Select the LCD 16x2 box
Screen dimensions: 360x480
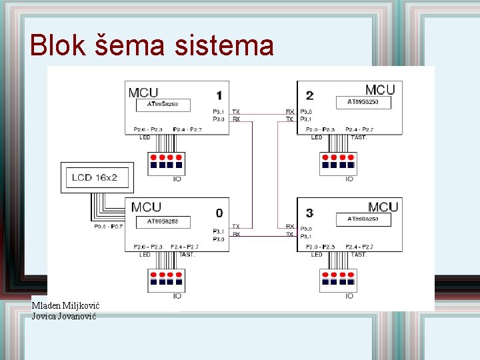[97, 178]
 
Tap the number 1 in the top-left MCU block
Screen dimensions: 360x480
[219, 95]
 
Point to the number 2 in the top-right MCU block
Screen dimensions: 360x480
[310, 95]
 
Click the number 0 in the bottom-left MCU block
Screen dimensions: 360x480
[219, 213]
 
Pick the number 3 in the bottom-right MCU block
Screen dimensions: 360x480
[309, 213]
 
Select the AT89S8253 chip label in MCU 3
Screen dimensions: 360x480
[363, 219]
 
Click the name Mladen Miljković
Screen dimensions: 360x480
[65, 305]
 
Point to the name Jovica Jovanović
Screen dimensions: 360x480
[64, 316]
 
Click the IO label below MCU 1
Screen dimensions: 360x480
[177, 179]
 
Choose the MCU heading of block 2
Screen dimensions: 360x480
[380, 89]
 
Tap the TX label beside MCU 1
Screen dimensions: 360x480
[236, 111]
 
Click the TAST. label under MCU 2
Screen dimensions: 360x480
[359, 137]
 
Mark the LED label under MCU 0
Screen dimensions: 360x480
[145, 255]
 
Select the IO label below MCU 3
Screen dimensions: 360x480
[349, 295]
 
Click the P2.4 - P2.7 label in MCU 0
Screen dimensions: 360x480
[184, 247]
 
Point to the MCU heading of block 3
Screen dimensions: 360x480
[383, 207]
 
